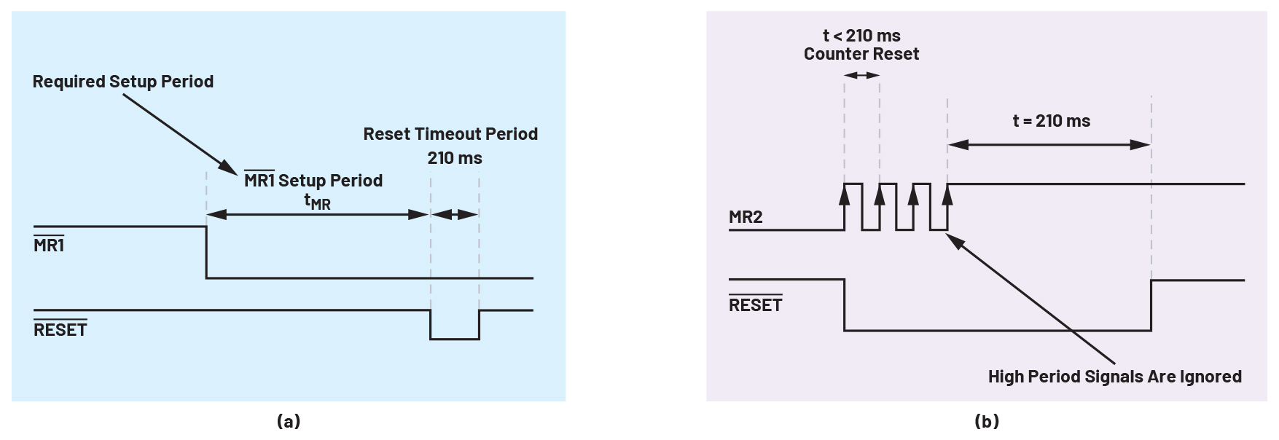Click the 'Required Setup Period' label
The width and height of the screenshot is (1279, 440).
point(123,82)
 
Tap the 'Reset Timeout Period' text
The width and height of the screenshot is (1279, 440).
point(450,134)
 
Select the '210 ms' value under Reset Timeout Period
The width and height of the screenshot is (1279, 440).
point(455,158)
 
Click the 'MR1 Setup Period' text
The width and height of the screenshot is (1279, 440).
point(313,181)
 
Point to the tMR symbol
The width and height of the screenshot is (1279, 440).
point(317,202)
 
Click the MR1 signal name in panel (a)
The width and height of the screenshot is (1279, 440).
point(49,245)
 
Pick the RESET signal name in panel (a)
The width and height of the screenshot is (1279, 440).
point(60,330)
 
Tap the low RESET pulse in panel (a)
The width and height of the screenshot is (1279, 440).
point(455,337)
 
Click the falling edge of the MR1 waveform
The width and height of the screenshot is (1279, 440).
point(207,252)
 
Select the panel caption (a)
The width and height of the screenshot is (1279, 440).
point(289,421)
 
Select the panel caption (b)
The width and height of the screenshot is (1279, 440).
point(987,421)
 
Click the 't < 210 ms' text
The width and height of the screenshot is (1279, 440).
point(861,36)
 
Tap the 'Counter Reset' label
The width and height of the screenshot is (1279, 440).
point(861,55)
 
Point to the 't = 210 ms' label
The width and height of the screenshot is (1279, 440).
point(1052,121)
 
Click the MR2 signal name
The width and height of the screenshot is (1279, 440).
point(746,217)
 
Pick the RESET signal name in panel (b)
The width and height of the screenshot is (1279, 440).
point(756,305)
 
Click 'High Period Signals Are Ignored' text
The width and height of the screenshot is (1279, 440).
point(1115,377)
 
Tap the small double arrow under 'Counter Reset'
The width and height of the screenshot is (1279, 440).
point(862,75)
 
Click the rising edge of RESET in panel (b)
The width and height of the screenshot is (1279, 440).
point(1151,305)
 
